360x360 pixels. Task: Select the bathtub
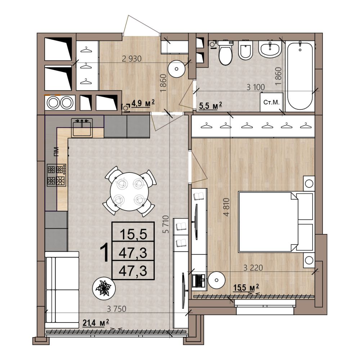(300, 75)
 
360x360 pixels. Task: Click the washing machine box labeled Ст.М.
(271, 102)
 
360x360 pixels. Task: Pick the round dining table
(129, 192)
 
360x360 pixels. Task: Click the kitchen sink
(82, 128)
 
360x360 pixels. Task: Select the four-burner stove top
(57, 175)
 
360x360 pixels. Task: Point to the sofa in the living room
(62, 290)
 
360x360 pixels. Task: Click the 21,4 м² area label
(96, 323)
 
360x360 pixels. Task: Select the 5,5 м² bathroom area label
(211, 106)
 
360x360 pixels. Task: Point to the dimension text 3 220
(253, 267)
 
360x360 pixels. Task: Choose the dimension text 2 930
(132, 59)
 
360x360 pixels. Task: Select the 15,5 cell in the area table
(134, 234)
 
